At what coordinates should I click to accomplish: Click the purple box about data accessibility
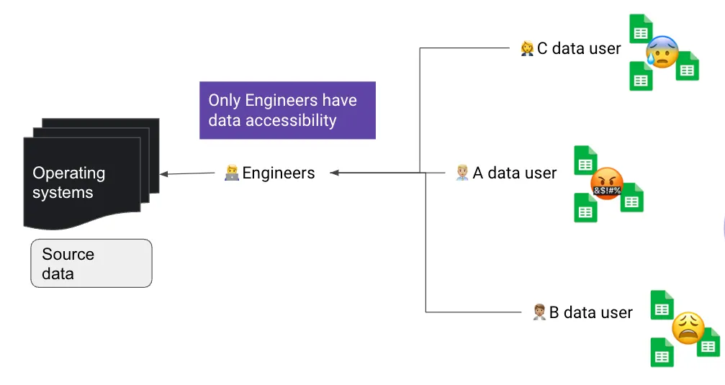coord(287,110)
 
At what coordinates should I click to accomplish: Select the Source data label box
coord(91,263)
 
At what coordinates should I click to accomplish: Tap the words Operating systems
coord(69,183)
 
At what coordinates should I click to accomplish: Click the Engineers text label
coord(279,173)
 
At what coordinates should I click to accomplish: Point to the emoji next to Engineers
coord(232,173)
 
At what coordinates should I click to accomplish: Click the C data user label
coord(579,48)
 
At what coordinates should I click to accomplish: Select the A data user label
coord(514,173)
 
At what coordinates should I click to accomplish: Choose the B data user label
coord(590,312)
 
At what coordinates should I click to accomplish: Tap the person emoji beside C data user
coord(527,48)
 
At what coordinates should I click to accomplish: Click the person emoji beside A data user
coord(462,173)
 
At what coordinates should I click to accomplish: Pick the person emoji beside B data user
coord(539,312)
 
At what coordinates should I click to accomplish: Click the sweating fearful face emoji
coord(662,52)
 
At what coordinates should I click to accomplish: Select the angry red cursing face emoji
coord(605,184)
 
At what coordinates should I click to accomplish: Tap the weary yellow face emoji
coord(688,327)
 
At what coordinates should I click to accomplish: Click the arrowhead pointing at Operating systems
coord(164,173)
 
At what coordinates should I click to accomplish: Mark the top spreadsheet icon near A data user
coord(585,160)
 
